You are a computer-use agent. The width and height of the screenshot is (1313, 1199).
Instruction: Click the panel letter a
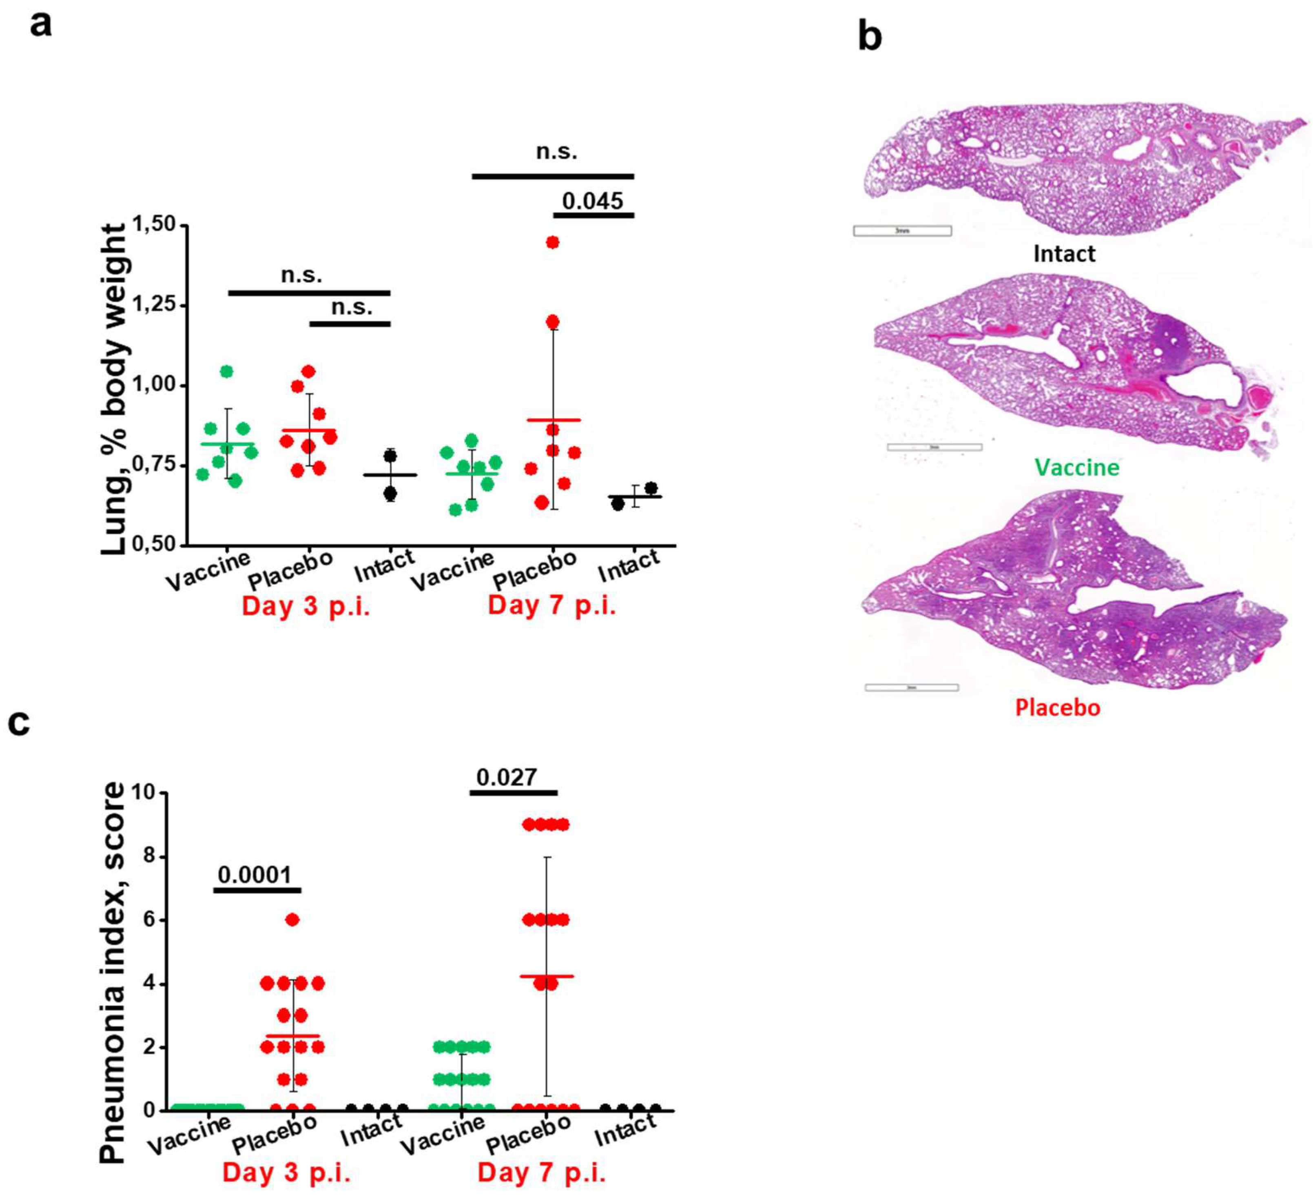[40, 26]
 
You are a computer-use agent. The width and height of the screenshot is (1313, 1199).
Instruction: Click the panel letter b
[870, 37]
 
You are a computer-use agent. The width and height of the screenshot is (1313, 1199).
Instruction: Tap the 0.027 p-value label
[507, 777]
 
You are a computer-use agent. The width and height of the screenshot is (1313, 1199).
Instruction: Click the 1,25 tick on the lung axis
[154, 305]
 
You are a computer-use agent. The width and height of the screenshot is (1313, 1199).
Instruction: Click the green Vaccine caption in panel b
[1076, 467]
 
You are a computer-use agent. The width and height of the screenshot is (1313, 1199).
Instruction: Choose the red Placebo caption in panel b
[1058, 707]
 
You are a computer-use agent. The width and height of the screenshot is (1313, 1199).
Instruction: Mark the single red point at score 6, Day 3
[292, 920]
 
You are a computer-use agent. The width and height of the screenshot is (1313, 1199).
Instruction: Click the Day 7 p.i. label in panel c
[542, 1173]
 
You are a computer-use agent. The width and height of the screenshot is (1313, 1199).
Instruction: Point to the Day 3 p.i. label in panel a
[306, 606]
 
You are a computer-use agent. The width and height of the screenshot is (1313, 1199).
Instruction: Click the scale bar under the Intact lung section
[902, 230]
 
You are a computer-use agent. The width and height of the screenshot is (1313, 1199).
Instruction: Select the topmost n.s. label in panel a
[556, 152]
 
